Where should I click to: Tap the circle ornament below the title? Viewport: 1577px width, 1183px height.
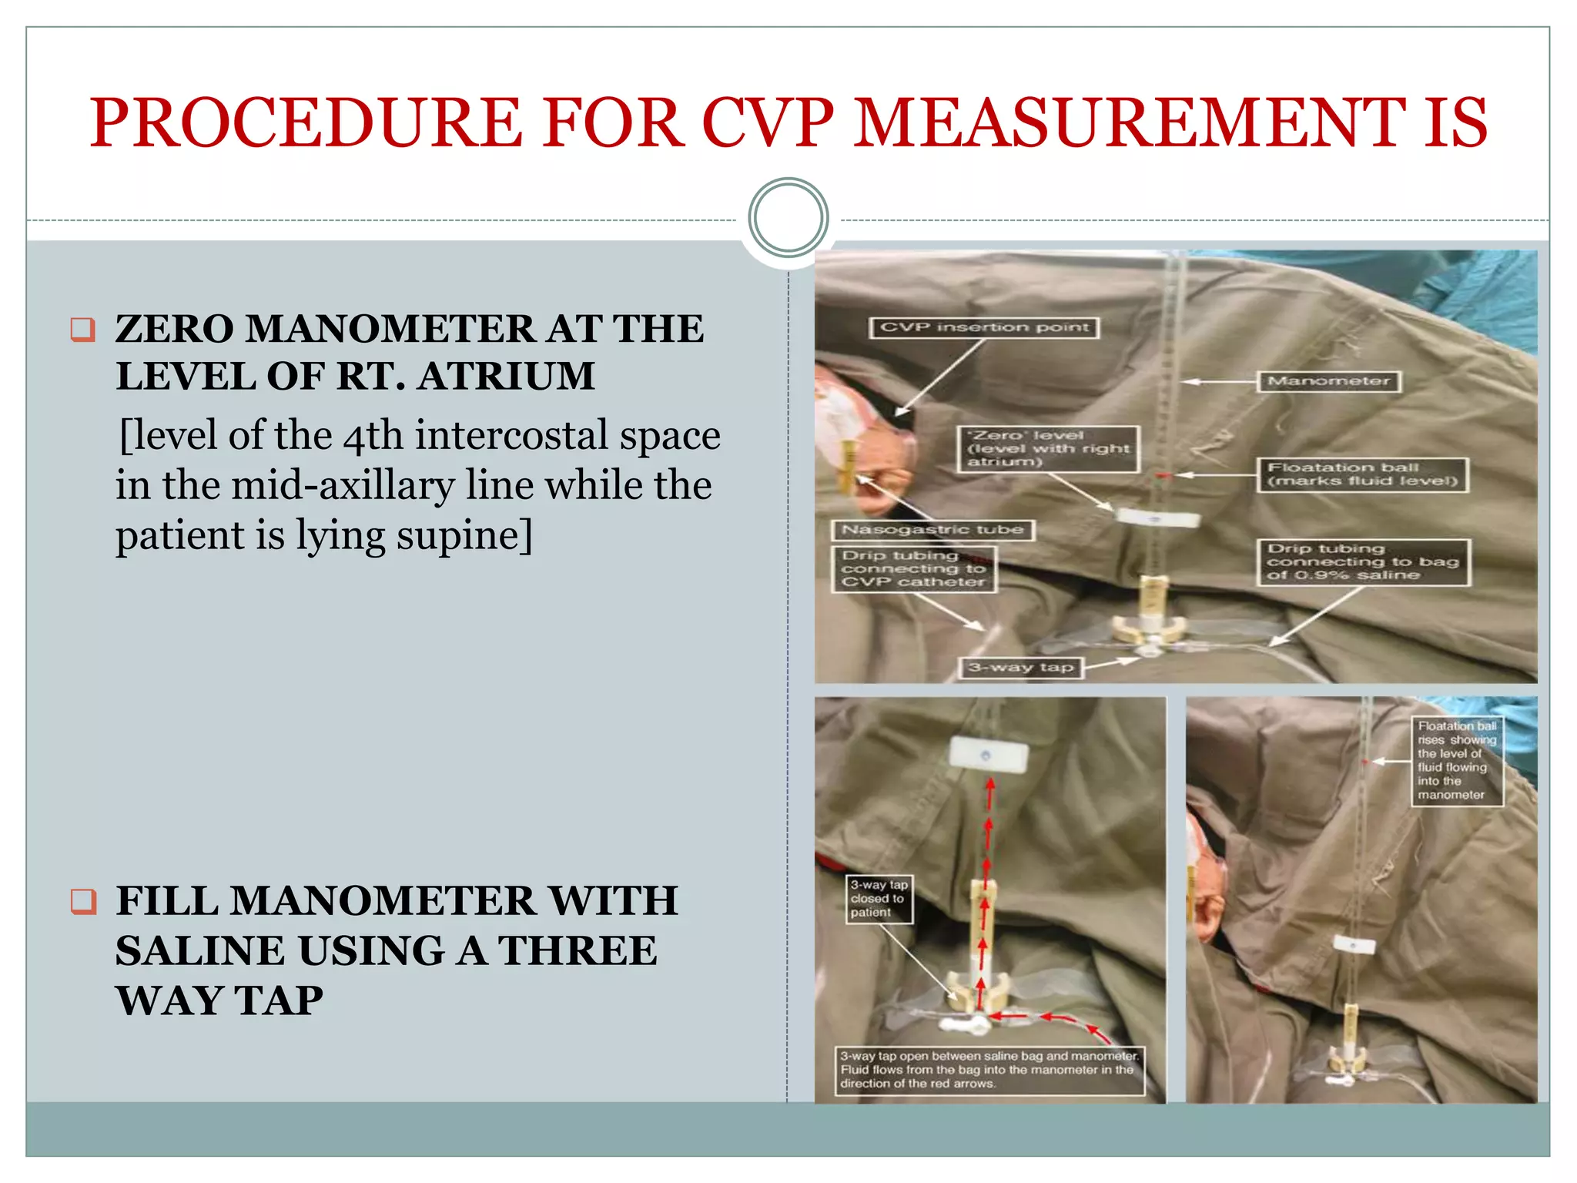pyautogui.click(x=788, y=217)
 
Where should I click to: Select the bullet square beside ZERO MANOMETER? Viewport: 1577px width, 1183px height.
pyautogui.click(x=82, y=330)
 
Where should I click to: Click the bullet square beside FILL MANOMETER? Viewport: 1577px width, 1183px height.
pyautogui.click(x=82, y=900)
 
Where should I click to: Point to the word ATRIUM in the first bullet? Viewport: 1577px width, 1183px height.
pyautogui.click(x=507, y=377)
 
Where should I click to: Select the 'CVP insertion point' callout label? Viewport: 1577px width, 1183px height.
pyautogui.click(x=984, y=327)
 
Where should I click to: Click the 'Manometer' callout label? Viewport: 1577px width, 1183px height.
pyautogui.click(x=1328, y=381)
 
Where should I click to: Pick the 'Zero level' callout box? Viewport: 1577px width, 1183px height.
pyautogui.click(x=1048, y=448)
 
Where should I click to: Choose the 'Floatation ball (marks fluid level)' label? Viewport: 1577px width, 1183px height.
pyautogui.click(x=1363, y=474)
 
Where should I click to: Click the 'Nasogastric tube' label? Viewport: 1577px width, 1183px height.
pyautogui.click(x=932, y=530)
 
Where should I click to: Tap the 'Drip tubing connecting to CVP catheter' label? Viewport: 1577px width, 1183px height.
pyautogui.click(x=913, y=569)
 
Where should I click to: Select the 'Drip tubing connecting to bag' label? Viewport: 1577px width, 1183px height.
pyautogui.click(x=1363, y=562)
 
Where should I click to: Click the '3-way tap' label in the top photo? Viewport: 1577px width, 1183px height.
pyautogui.click(x=1021, y=668)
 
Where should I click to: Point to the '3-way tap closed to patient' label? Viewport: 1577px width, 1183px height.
pyautogui.click(x=879, y=899)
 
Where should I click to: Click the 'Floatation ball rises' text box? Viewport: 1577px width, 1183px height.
pyautogui.click(x=1457, y=760)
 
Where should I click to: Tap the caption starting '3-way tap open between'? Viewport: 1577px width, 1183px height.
pyautogui.click(x=989, y=1070)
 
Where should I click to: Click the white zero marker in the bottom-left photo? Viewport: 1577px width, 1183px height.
pyautogui.click(x=988, y=754)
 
